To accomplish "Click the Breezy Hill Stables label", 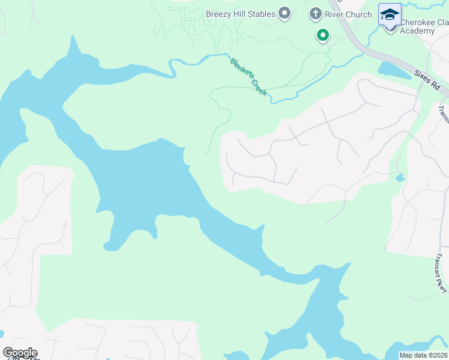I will pos(240,14).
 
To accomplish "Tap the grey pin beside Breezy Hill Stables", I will pos(285,13).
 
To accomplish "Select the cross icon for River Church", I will pos(315,13).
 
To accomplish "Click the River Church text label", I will pos(349,14).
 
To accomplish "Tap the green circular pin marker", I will pos(323,36).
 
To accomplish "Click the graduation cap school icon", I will pos(390,14).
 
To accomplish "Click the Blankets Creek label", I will pos(249,76).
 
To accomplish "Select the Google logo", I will pos(19,353).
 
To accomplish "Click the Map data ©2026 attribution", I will pos(423,355).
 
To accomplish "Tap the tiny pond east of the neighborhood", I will pos(400,178).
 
